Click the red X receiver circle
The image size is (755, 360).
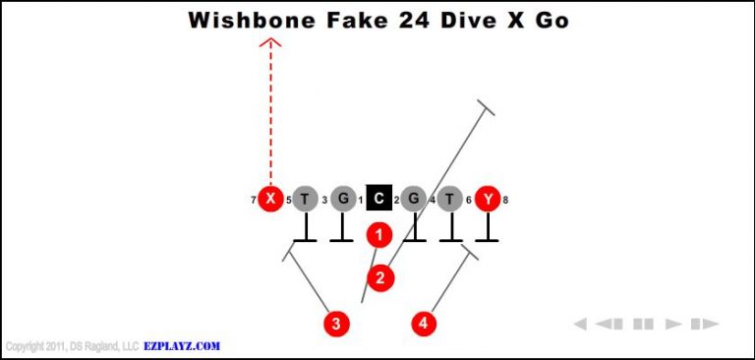point(270,199)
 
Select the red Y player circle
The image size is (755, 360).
point(488,199)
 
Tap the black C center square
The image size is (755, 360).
point(379,199)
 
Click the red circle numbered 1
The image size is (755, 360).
point(379,234)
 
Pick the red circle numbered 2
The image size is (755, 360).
point(379,277)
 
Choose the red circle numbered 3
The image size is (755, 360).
point(337,323)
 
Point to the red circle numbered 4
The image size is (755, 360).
point(424,323)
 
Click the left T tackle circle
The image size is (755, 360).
point(306,199)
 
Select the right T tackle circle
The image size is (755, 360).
point(450,199)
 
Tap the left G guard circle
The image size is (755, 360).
point(342,199)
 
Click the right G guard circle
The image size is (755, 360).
point(414,199)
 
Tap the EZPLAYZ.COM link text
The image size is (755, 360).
point(182,346)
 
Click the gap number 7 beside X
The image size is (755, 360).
point(254,201)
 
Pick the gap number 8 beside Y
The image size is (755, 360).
point(505,201)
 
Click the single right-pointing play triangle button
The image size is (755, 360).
point(673,324)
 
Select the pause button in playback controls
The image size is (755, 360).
point(643,324)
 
